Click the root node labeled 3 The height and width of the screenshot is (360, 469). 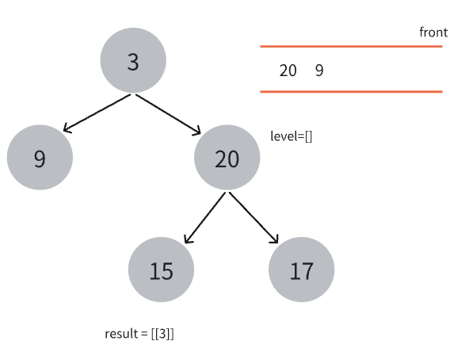(x=133, y=60)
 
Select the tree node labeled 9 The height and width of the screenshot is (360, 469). (x=40, y=157)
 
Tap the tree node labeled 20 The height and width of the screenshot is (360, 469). (x=227, y=157)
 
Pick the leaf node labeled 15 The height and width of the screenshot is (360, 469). (x=162, y=270)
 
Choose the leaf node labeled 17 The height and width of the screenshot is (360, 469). (x=302, y=270)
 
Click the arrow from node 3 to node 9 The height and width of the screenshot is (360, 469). (x=97, y=113)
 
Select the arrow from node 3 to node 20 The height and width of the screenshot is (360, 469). (x=168, y=114)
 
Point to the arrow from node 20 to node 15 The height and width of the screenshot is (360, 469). (x=205, y=217)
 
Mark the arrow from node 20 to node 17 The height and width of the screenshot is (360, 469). (x=254, y=217)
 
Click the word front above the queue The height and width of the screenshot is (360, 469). (x=433, y=33)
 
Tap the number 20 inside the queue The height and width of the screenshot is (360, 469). (x=288, y=71)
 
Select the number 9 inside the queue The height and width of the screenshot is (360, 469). (x=319, y=71)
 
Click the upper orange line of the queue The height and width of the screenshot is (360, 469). (x=351, y=47)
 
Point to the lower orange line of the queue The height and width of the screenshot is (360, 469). (x=351, y=92)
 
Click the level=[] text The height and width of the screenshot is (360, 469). (x=292, y=136)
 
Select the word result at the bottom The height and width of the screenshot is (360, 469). (x=121, y=334)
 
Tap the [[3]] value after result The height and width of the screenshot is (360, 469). (x=162, y=334)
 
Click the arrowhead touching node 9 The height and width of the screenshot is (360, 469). (x=67, y=128)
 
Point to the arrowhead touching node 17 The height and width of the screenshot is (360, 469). (x=275, y=239)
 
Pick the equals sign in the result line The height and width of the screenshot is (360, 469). (x=144, y=335)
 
